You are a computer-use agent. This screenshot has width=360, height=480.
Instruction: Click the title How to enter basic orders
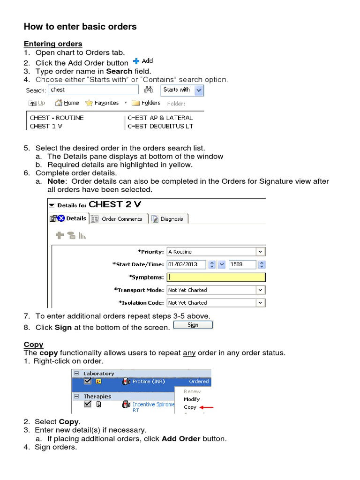click(x=80, y=27)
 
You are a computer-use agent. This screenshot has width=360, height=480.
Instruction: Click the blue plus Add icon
click(x=136, y=61)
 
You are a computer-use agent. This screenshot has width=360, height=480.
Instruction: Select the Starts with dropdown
click(x=182, y=90)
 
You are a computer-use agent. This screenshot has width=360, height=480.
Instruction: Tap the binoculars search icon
click(x=149, y=90)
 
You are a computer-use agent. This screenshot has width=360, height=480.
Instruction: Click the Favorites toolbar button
click(x=102, y=103)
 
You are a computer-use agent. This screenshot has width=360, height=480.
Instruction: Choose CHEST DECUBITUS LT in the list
click(x=160, y=126)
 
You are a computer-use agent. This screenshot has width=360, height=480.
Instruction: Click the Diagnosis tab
click(x=168, y=219)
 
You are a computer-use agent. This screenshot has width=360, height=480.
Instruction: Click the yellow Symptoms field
click(x=216, y=277)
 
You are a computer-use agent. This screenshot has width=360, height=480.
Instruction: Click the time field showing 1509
click(x=242, y=264)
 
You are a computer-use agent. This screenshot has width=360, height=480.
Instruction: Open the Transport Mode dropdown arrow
click(x=261, y=290)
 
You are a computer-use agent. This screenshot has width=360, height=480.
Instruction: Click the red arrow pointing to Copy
click(x=206, y=408)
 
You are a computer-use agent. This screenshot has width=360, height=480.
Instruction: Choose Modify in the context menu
click(x=192, y=399)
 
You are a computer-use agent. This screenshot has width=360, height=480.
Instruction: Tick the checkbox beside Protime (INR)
click(x=88, y=382)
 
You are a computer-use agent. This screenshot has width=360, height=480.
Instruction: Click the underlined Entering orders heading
click(x=53, y=44)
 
